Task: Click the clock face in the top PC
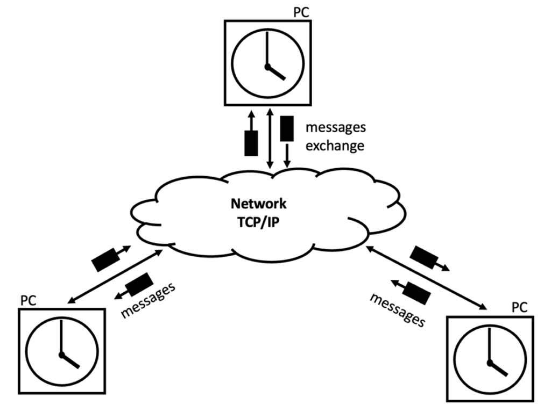tap(266, 63)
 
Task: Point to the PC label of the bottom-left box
tap(28, 300)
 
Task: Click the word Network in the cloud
tap(258, 204)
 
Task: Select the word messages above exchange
tap(336, 128)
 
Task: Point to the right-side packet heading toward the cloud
tap(415, 290)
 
